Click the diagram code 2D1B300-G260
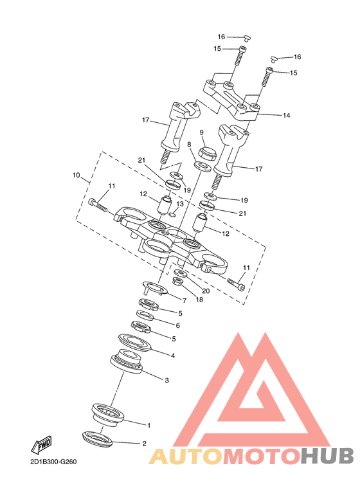tap(53, 462)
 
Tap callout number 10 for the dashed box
tap(76, 175)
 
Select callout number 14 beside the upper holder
tap(286, 115)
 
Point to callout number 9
tap(202, 132)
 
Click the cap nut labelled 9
tap(207, 154)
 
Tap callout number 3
tap(166, 381)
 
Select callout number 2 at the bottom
tap(144, 444)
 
